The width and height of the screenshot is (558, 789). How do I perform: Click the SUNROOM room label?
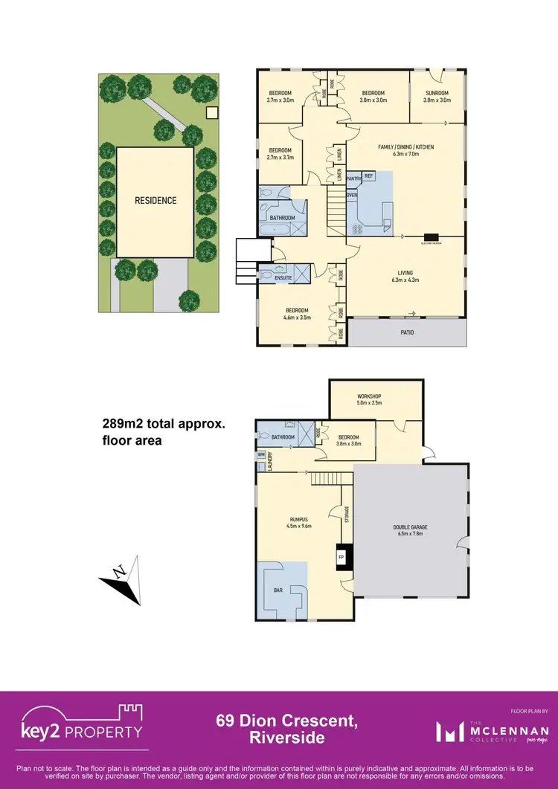(437, 93)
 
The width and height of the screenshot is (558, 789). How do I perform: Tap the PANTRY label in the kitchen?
(353, 178)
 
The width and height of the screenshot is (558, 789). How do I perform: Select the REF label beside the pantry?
(368, 175)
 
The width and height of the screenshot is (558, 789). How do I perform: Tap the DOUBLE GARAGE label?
(410, 527)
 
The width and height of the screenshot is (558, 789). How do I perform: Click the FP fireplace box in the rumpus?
(341, 557)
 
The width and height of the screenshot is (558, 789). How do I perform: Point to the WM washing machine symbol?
(260, 454)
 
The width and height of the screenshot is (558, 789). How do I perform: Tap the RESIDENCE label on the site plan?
(155, 200)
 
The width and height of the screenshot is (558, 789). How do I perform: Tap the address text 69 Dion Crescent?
(270, 721)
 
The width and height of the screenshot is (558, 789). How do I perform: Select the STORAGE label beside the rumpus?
(346, 514)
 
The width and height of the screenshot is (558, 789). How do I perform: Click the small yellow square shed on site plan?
(211, 113)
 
